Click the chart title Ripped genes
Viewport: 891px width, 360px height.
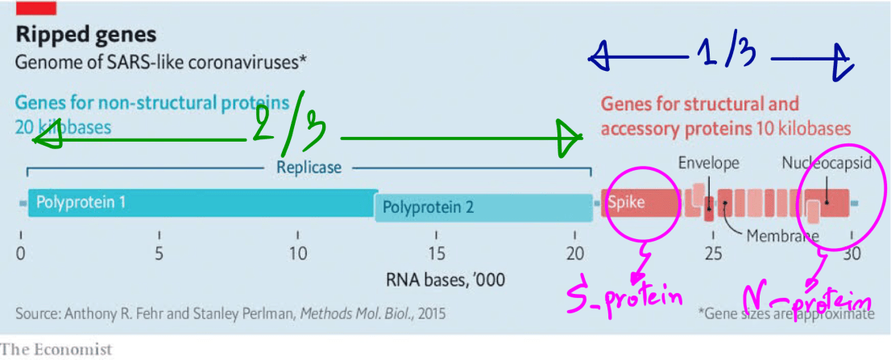coord(86,35)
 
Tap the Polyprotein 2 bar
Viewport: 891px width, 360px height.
coord(483,208)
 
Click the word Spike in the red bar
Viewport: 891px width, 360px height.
coord(626,202)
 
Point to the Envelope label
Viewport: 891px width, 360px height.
coord(708,163)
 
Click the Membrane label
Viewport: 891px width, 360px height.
coord(781,236)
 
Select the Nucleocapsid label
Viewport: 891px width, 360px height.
coord(827,163)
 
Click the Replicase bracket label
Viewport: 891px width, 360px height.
coord(309,168)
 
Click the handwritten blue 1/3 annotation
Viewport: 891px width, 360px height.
coord(725,55)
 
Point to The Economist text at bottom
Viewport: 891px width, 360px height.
coord(56,350)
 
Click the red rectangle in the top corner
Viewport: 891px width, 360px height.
coord(35,8)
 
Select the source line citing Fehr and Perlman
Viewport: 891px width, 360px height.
coord(230,312)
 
